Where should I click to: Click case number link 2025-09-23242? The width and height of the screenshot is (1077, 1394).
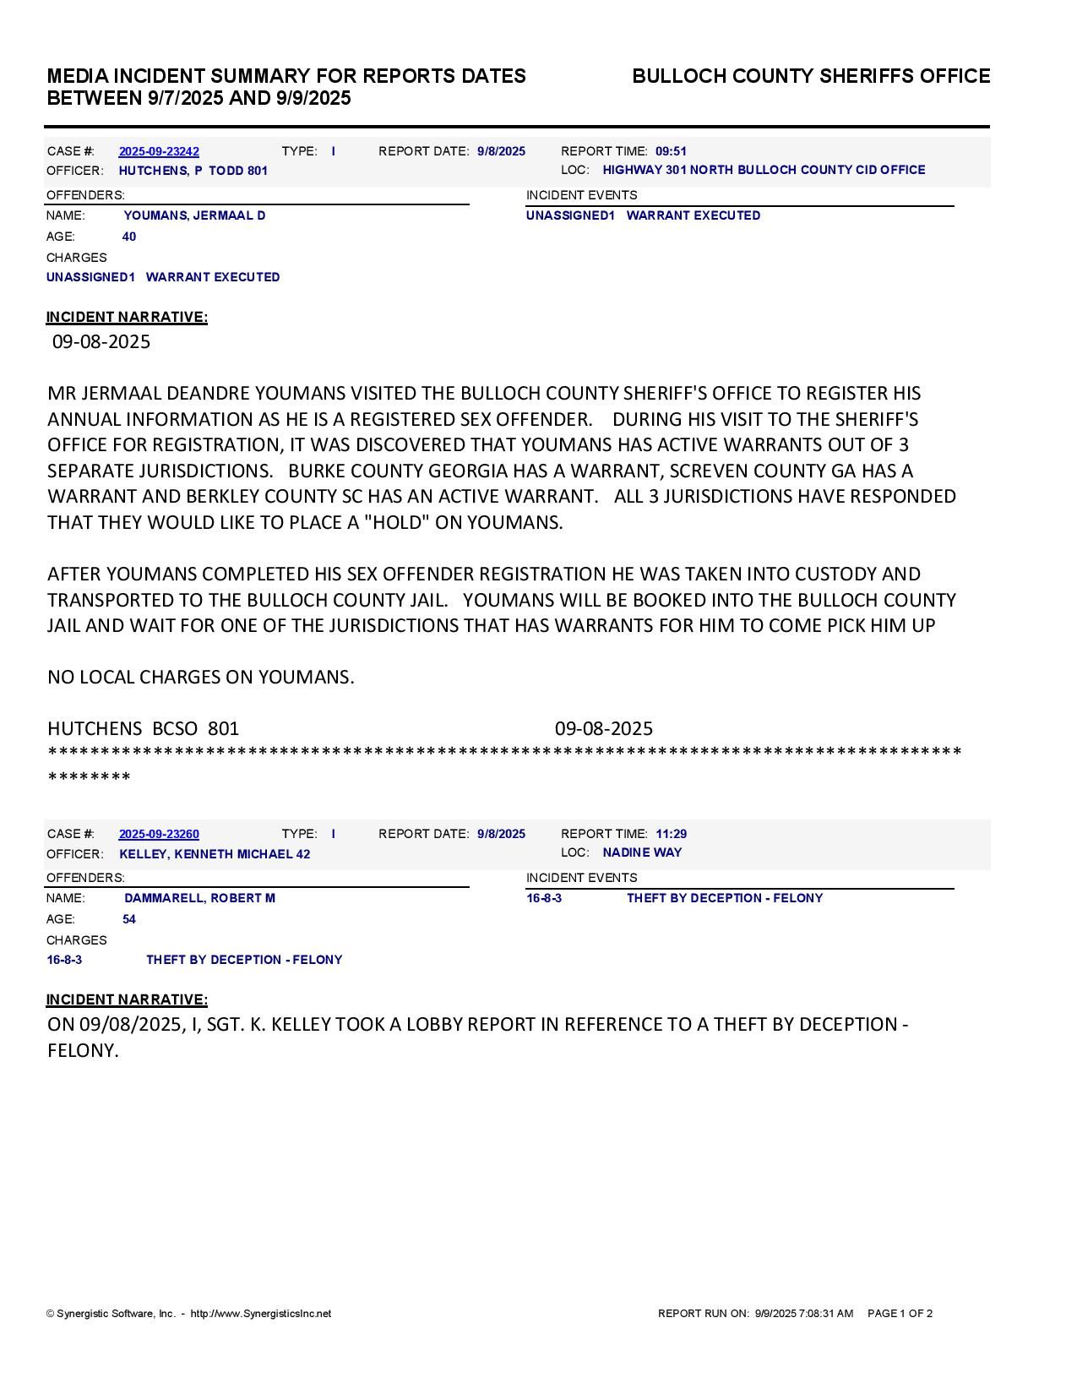(x=159, y=152)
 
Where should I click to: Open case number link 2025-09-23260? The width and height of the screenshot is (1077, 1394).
(x=159, y=835)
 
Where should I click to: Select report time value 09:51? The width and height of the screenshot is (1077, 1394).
(x=671, y=152)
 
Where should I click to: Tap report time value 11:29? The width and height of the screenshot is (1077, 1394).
(x=671, y=835)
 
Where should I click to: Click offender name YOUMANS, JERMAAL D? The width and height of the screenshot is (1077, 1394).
(x=194, y=216)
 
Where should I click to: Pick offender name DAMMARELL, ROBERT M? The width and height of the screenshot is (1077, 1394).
(x=199, y=899)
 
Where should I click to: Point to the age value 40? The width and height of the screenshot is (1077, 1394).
(x=129, y=237)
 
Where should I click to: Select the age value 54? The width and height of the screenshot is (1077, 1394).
(x=129, y=920)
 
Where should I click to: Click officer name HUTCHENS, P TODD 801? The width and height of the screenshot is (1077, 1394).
(x=193, y=172)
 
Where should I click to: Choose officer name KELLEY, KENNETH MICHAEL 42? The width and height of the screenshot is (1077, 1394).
(x=215, y=855)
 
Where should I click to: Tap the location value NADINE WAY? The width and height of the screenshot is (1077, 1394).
(x=642, y=853)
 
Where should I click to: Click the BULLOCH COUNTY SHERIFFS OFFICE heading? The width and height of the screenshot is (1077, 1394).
(x=811, y=77)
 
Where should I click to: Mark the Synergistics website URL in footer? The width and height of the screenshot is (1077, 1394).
(x=261, y=1315)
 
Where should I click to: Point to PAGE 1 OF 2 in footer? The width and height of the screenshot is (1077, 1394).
(x=900, y=1315)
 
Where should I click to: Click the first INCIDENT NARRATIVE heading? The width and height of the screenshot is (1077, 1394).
(x=127, y=318)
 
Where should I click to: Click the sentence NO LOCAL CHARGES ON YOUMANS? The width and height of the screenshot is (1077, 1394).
(x=201, y=678)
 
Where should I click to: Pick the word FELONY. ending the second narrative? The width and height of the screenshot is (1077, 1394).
(x=83, y=1052)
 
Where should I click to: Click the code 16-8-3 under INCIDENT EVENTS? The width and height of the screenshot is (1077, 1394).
(x=544, y=899)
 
